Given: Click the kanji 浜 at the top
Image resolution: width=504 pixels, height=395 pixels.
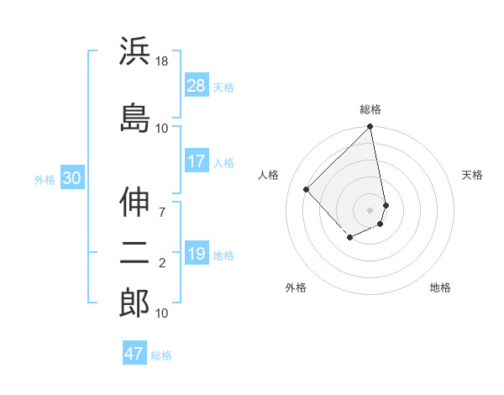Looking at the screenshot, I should [x=134, y=52].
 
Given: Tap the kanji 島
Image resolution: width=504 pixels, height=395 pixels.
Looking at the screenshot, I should [x=134, y=118].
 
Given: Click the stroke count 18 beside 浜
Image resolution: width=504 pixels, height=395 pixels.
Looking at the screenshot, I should [x=162, y=62].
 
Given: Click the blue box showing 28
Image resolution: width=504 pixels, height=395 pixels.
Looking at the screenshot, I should [x=197, y=85].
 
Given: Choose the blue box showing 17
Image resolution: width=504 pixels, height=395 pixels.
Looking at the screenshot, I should [x=197, y=161].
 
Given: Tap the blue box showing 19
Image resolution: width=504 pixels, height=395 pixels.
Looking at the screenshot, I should [x=197, y=254].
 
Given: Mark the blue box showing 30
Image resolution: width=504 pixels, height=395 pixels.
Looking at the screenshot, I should [x=71, y=178].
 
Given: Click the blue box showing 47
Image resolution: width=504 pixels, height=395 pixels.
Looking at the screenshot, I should [x=134, y=354].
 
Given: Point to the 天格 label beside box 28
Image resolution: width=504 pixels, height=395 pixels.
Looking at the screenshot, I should [x=223, y=87].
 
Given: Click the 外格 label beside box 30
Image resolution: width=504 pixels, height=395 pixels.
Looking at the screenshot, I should [x=45, y=180].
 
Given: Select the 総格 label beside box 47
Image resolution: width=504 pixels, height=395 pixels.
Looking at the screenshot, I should [x=161, y=355].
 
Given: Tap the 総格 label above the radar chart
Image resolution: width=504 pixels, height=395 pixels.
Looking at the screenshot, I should [x=370, y=109].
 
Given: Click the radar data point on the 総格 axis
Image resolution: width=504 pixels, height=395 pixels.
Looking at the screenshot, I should [x=370, y=128].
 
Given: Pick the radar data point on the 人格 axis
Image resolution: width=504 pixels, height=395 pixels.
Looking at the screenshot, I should [x=307, y=189].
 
